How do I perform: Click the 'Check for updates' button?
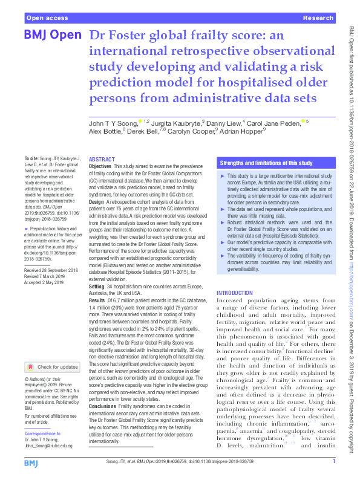click(52, 367)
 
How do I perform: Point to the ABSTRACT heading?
click(102, 159)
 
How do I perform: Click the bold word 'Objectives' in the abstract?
click(100, 166)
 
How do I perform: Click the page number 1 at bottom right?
click(333, 462)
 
